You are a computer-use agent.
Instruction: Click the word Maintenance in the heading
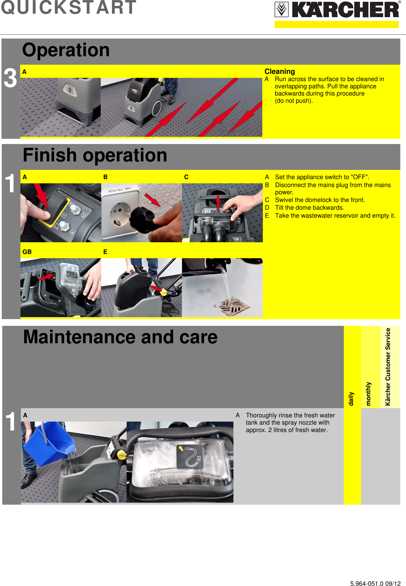click(x=79, y=337)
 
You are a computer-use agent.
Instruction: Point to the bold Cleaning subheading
click(x=280, y=71)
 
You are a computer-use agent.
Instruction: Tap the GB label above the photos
click(x=27, y=252)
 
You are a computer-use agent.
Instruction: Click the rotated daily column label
click(x=351, y=399)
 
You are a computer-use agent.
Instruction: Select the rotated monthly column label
click(x=368, y=393)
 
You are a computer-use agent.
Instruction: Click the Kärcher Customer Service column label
click(x=388, y=367)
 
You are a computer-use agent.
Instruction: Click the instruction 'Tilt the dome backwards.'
click(x=309, y=208)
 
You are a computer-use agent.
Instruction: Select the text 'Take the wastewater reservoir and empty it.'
click(x=335, y=216)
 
